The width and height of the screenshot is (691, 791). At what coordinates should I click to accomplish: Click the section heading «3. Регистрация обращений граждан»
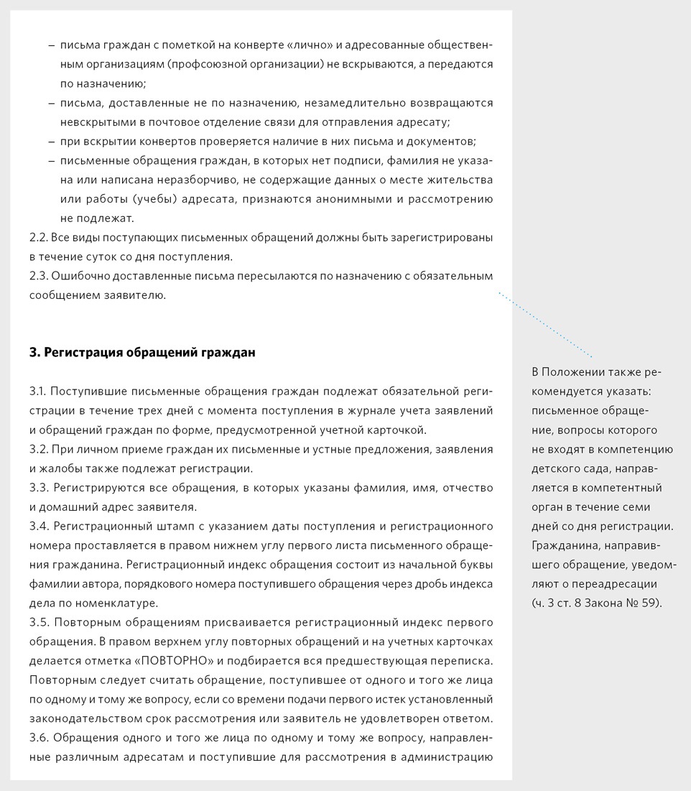(142, 353)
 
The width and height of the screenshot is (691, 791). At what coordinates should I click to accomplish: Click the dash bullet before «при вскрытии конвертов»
(51, 141)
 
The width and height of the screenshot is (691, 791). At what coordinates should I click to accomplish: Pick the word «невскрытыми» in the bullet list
(93, 122)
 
